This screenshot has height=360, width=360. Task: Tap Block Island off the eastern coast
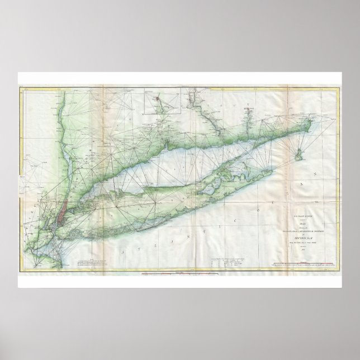[x=301, y=150]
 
